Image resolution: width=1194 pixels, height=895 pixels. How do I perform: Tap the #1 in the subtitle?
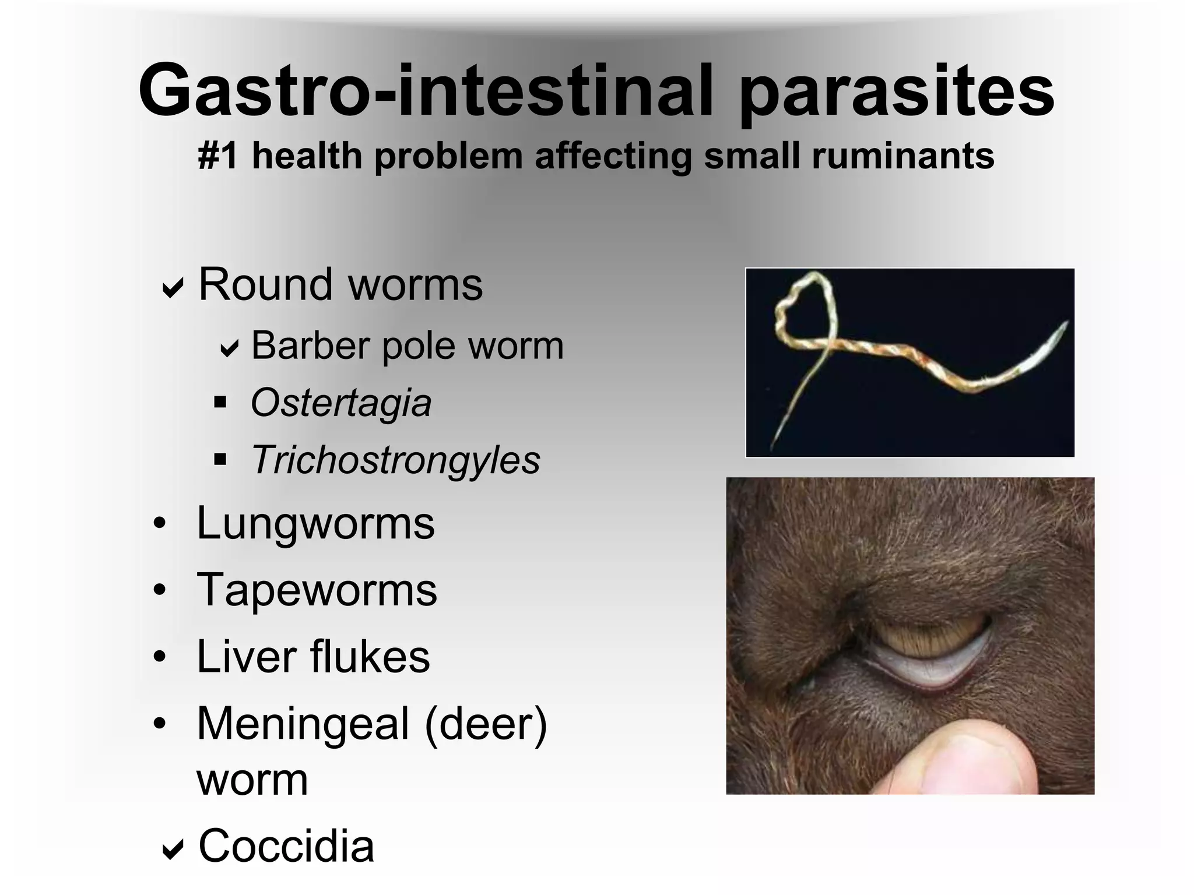click(x=217, y=156)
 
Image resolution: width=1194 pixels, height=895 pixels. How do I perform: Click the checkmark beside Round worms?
click(x=173, y=287)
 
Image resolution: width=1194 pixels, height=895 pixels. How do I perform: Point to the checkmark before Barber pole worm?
click(x=229, y=348)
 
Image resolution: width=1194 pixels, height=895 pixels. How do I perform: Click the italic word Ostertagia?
click(x=341, y=403)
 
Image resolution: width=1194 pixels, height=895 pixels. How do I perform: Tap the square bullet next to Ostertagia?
click(x=220, y=402)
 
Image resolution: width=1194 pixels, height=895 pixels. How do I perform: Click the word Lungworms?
click(x=315, y=523)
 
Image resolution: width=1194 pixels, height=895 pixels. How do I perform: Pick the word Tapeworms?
click(x=317, y=590)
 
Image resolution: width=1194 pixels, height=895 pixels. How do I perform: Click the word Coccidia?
click(x=286, y=846)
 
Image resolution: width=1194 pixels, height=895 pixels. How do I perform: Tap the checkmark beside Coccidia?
click(x=173, y=849)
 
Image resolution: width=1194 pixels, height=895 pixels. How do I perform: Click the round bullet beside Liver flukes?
click(x=160, y=657)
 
